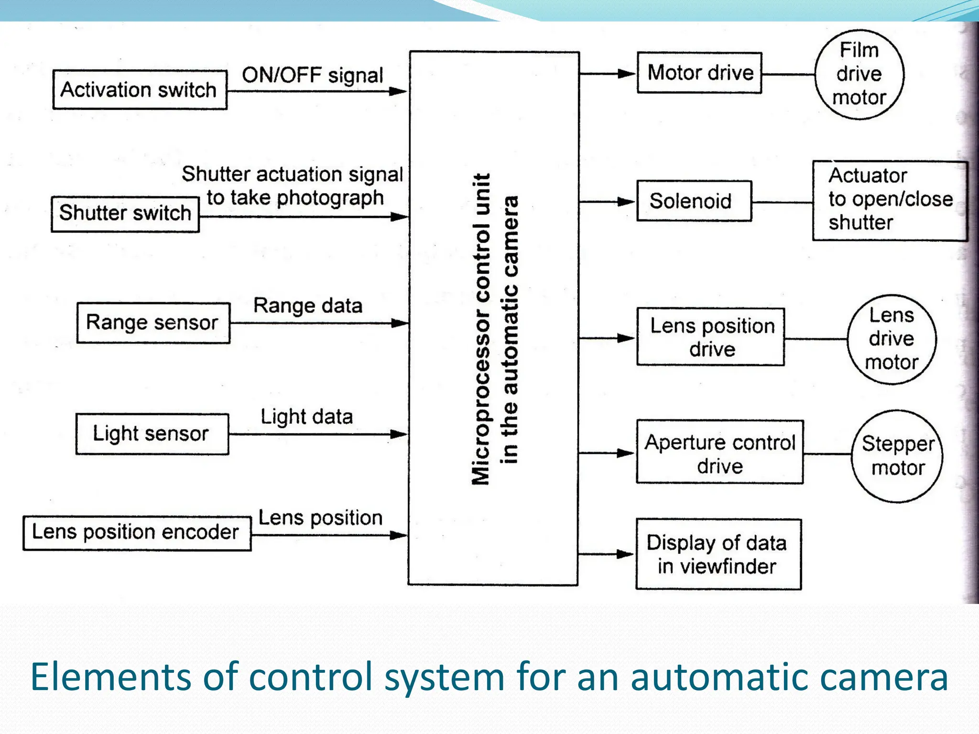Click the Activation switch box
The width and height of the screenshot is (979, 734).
coord(140,90)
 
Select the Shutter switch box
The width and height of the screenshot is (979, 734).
coord(125,214)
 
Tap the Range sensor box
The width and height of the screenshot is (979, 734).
coord(153,323)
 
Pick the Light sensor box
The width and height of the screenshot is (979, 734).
coord(152,434)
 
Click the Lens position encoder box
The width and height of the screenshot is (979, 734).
coord(137,533)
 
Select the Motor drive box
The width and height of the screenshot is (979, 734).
coord(699,73)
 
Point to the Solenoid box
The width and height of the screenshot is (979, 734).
coord(694,201)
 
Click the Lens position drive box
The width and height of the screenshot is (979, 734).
coord(710,337)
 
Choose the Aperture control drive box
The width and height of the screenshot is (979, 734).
coord(719,453)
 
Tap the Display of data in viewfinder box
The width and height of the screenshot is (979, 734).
coord(718,554)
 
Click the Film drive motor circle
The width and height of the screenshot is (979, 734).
coord(859,74)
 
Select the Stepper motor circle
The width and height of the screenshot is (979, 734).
coord(897,456)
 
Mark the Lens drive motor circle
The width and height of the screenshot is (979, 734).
coord(892,339)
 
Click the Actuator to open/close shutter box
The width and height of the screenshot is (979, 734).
coord(890,200)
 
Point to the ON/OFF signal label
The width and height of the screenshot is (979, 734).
coord(312,76)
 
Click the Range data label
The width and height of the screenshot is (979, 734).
coord(307,305)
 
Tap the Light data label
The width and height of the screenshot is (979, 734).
coord(306,417)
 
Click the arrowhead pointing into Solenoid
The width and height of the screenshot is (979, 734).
coord(626,202)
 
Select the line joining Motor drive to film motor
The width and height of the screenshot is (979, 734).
coord(788,75)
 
